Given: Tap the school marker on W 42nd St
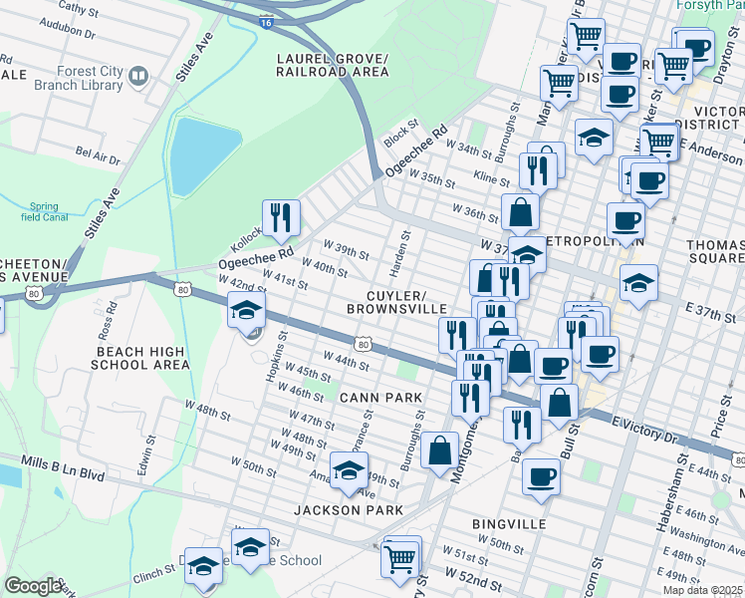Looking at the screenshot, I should [x=246, y=311].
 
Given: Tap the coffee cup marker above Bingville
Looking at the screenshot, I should [x=541, y=476].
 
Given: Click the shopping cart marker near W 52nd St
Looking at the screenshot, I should [x=401, y=556].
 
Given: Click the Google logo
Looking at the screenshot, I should [x=32, y=586].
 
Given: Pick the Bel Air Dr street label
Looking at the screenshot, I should [x=98, y=155].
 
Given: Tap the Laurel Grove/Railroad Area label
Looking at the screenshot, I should [x=333, y=65].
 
